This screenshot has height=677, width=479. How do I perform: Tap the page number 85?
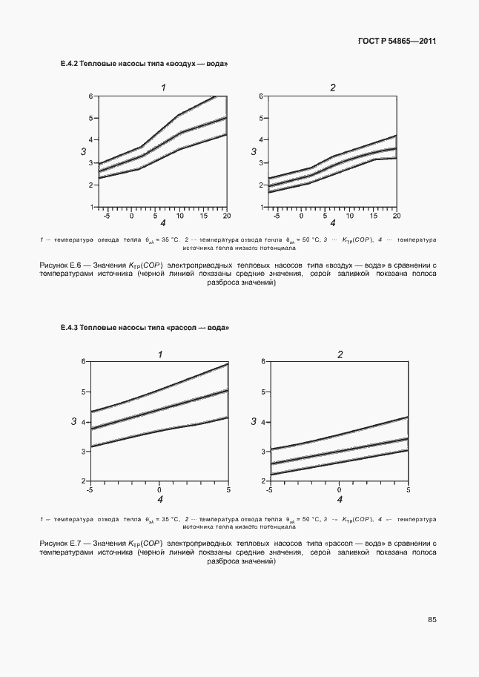(x=432, y=619)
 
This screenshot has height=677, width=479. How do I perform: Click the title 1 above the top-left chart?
(x=162, y=88)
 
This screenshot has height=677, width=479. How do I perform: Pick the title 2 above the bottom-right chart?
(x=340, y=354)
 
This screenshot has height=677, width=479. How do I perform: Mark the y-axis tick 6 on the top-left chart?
(x=91, y=96)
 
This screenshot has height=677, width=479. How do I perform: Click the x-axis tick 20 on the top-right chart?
(x=396, y=216)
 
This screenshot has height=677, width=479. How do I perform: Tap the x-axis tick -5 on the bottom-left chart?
(x=90, y=490)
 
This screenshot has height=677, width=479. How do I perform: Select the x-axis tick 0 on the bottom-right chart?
(x=339, y=490)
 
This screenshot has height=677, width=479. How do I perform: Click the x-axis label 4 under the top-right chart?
(x=332, y=223)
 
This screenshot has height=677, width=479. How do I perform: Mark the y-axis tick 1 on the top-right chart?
(x=262, y=207)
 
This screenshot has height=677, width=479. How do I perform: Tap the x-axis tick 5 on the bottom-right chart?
(x=409, y=490)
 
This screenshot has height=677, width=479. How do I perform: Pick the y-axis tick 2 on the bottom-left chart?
(x=85, y=482)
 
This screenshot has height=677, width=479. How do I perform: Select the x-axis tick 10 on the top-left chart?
(x=179, y=216)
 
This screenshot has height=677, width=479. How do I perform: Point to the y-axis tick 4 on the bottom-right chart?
(x=263, y=421)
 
